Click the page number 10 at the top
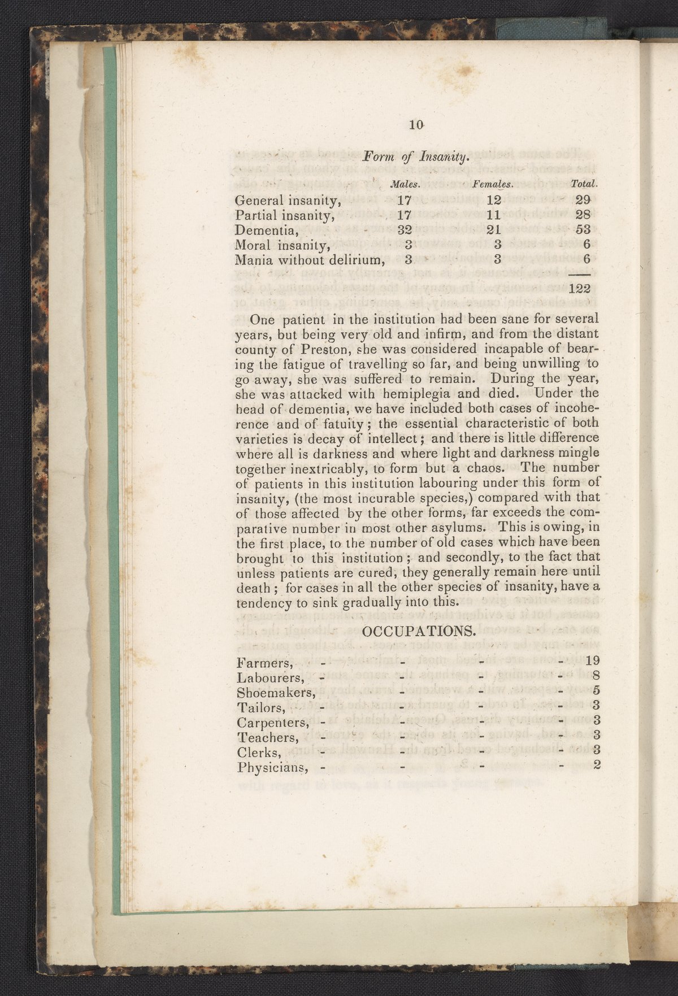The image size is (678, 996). (x=416, y=125)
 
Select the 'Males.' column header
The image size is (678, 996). (x=406, y=184)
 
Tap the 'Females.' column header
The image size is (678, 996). (x=492, y=184)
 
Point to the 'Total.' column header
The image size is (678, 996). (x=584, y=184)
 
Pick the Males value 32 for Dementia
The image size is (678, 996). (x=405, y=230)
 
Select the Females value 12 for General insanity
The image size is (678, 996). (x=494, y=200)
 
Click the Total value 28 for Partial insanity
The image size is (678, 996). (x=583, y=215)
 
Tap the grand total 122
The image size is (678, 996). (x=580, y=289)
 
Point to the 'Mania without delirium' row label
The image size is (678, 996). (x=310, y=260)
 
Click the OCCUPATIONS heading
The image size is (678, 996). (x=418, y=631)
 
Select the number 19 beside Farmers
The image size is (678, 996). (x=592, y=660)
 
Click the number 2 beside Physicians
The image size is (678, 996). (x=596, y=767)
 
